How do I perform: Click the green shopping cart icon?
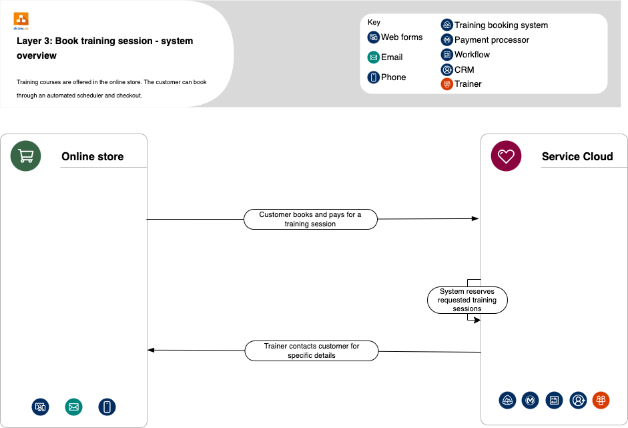click(26, 156)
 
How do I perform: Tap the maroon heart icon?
click(507, 156)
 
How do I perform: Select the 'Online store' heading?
click(92, 157)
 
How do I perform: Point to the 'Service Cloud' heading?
click(577, 157)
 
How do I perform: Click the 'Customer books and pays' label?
click(310, 220)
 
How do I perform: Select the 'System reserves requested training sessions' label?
click(467, 300)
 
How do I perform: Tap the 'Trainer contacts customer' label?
click(312, 351)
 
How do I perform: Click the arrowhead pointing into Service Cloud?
click(475, 218)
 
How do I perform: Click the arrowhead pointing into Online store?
click(151, 350)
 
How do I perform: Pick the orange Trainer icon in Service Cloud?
click(601, 400)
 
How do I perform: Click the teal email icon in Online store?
click(73, 407)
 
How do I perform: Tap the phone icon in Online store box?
click(107, 407)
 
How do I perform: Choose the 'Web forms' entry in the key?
click(401, 37)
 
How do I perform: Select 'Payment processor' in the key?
click(491, 40)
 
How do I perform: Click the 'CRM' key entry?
click(464, 69)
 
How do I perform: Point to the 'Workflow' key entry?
click(472, 55)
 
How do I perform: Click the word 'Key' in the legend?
click(374, 23)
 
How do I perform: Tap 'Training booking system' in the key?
click(501, 25)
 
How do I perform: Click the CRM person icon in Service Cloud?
click(578, 400)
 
